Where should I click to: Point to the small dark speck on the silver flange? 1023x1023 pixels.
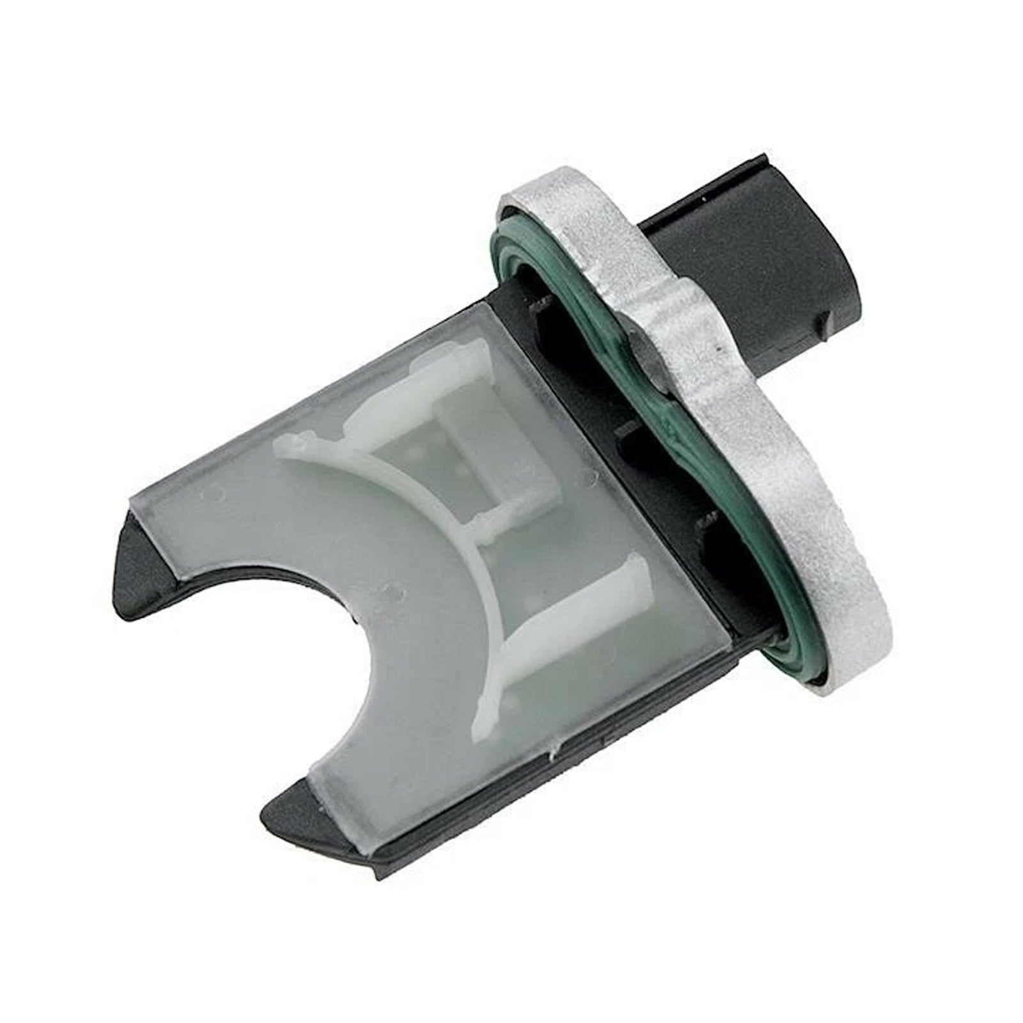(721, 350)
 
